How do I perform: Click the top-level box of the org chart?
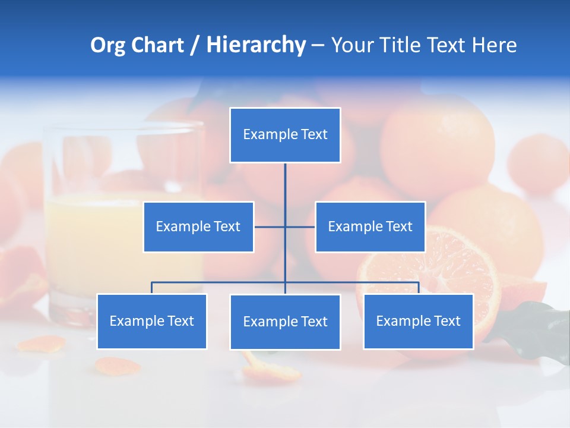pos(285,135)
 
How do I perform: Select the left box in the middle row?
pos(198,226)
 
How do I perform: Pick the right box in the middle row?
pos(370,226)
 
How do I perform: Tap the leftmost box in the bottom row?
pos(151,321)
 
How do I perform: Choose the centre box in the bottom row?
pos(285,322)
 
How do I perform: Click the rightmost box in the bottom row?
pos(418,321)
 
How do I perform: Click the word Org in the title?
pos(107,45)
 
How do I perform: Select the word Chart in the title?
pos(157,45)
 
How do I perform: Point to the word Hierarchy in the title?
pos(256,45)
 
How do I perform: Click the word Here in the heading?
pos(494,45)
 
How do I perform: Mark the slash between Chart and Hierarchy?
pos(195,46)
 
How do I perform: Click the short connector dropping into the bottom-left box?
pos(151,288)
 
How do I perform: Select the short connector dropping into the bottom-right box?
pos(419,288)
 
